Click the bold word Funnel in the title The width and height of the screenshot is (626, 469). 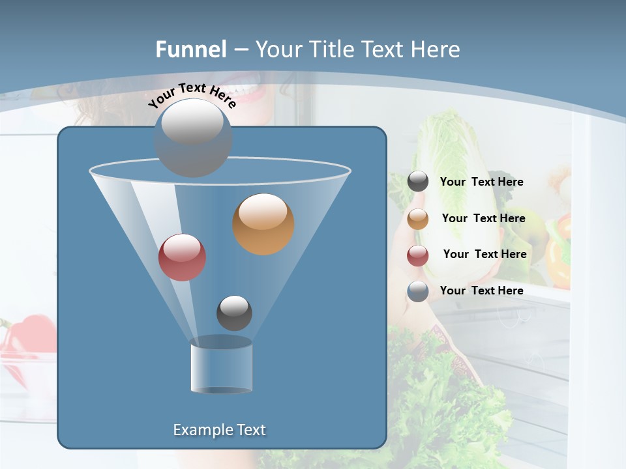tap(191, 50)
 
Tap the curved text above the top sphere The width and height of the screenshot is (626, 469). tap(192, 95)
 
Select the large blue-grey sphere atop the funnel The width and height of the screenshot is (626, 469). tap(193, 137)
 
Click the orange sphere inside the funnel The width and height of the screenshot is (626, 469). tap(263, 224)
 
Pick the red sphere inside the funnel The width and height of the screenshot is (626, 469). tap(182, 257)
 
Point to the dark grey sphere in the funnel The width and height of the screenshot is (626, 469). tap(234, 313)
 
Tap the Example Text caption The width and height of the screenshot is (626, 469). tap(220, 430)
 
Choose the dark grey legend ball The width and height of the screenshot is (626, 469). tap(418, 182)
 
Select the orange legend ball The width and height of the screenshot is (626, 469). tap(418, 219)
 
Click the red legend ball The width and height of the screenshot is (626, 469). tap(418, 255)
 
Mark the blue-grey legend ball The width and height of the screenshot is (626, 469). tap(418, 291)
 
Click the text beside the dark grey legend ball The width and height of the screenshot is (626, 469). tap(481, 182)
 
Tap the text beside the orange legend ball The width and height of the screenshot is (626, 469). tap(483, 219)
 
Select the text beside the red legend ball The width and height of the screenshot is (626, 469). tap(484, 255)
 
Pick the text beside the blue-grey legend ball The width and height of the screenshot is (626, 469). tap(481, 291)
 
